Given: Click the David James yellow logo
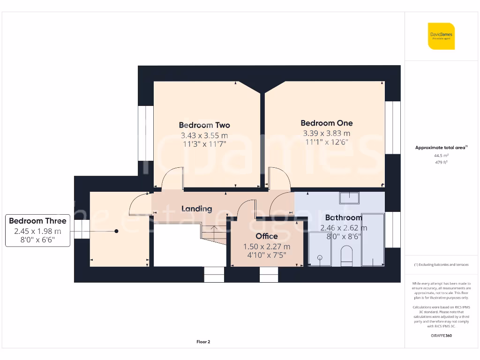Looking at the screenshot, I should [x=441, y=36].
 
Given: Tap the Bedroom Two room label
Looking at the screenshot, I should [x=204, y=125].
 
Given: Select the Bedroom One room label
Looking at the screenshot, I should [x=327, y=123].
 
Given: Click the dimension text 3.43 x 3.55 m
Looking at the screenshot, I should [x=204, y=135].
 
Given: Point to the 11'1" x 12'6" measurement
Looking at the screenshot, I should [x=327, y=142].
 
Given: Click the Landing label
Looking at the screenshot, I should [x=197, y=209].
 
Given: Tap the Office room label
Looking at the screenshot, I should [x=267, y=236].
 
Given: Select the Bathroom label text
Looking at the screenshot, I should [x=344, y=217].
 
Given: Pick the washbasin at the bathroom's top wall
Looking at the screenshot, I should [x=349, y=197].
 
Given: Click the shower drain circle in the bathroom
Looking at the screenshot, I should [x=321, y=257].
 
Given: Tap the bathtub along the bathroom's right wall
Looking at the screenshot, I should [x=374, y=240].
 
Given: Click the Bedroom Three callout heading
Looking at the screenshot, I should [x=37, y=221].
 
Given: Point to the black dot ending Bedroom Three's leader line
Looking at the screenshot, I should [x=117, y=231].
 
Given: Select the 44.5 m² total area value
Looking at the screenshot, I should [x=441, y=155].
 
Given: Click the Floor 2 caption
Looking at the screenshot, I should [x=203, y=342].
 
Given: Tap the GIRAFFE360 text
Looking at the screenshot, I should [x=441, y=336].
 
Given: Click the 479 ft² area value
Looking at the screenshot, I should [x=441, y=162].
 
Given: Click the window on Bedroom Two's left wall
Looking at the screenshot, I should [x=146, y=133].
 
